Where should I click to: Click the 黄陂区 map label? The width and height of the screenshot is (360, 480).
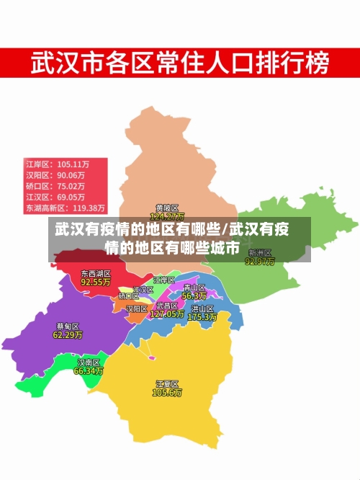pyautogui.click(x=167, y=208)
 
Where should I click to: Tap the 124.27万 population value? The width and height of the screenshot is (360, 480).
pyautogui.click(x=167, y=216)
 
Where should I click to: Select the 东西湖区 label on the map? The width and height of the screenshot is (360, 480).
pyautogui.click(x=95, y=274)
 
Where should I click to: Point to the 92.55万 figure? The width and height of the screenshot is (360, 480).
pyautogui.click(x=95, y=283)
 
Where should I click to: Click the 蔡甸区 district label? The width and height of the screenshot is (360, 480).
pyautogui.click(x=68, y=326)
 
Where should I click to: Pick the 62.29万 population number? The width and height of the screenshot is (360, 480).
pyautogui.click(x=68, y=334)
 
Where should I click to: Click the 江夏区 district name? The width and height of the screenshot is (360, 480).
pyautogui.click(x=167, y=384)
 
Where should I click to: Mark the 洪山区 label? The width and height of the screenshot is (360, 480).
pyautogui.click(x=202, y=308)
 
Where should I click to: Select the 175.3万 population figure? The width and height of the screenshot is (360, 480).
pyautogui.click(x=202, y=317)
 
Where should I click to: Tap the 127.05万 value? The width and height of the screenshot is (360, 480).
pyautogui.click(x=167, y=314)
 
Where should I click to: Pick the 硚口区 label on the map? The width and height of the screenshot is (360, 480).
pyautogui.click(x=129, y=295)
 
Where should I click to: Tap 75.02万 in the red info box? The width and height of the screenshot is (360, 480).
pyautogui.click(x=71, y=185)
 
